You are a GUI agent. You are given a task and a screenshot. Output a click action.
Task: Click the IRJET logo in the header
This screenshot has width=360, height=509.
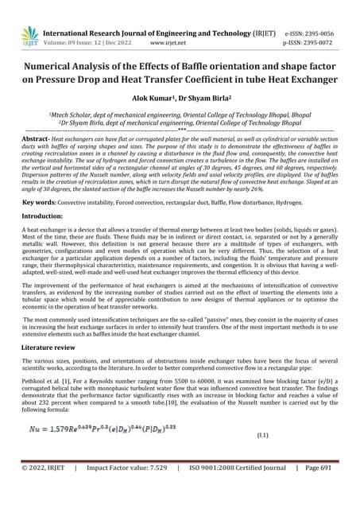29,34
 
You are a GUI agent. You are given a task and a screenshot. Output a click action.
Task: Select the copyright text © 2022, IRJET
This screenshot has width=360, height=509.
42,491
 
